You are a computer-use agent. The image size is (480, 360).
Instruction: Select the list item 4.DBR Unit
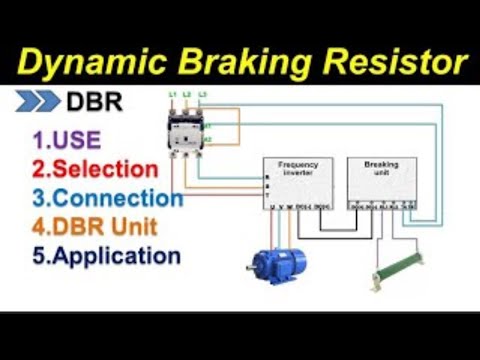98,227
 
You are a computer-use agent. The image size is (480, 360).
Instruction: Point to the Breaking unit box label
381,165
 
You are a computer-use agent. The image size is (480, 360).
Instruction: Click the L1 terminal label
172,95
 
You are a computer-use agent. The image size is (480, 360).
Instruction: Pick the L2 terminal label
187,95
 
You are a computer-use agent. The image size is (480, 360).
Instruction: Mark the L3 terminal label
203,95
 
